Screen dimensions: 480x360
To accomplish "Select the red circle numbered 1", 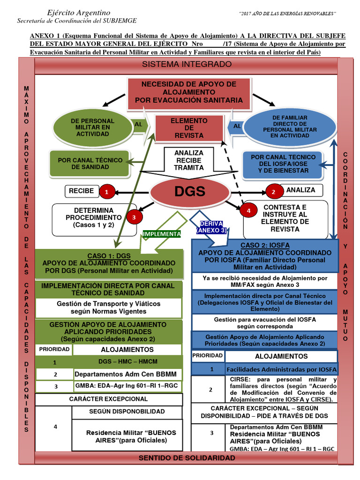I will [107, 191].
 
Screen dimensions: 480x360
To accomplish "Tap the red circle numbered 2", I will [272, 191].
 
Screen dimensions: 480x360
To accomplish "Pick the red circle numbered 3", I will [134, 217].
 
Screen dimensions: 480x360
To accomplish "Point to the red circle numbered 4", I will [248, 211].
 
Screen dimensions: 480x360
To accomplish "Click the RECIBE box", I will [82, 191].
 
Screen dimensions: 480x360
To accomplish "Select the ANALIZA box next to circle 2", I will [303, 190].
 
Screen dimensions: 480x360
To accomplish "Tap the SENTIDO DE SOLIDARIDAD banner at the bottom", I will [186, 457].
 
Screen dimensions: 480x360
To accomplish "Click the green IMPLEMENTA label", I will [162, 233].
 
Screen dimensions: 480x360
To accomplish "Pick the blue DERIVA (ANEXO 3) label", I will [211, 227].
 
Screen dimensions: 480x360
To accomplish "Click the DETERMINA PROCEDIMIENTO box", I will [93, 218].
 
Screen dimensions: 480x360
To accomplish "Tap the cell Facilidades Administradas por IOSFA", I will [281, 369].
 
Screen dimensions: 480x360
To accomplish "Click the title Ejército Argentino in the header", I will [79, 12].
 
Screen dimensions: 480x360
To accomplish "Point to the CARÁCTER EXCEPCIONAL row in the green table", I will [108, 399].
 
